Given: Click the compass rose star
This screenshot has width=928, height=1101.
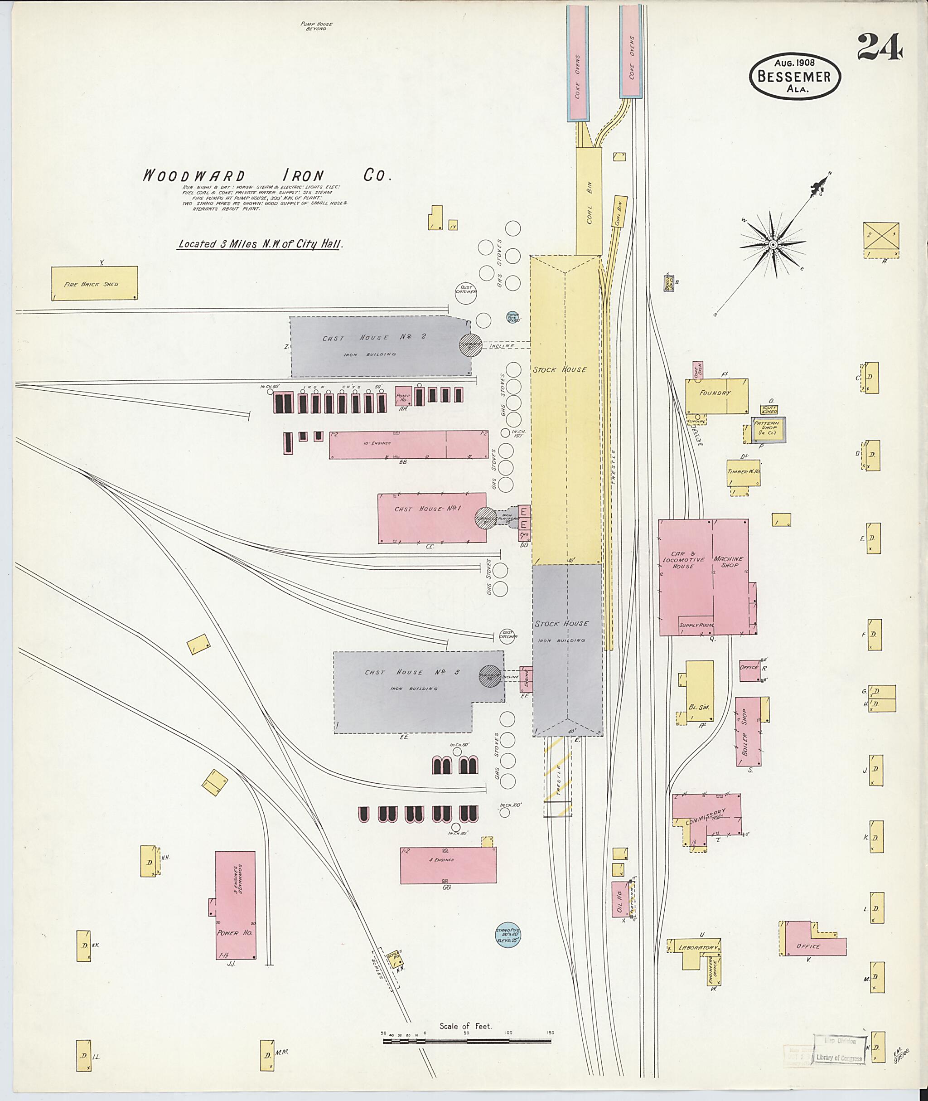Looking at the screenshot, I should pos(773,244).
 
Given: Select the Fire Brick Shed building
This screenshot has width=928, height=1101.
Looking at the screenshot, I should pos(95,284).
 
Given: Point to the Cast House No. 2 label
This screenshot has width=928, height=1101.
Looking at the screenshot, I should pos(374,338).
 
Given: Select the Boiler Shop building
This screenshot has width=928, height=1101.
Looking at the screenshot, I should pos(748,732).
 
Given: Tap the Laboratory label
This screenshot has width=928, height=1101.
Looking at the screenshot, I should pos(699,948).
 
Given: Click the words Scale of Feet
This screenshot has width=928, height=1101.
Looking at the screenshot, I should pos(465,1026).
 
